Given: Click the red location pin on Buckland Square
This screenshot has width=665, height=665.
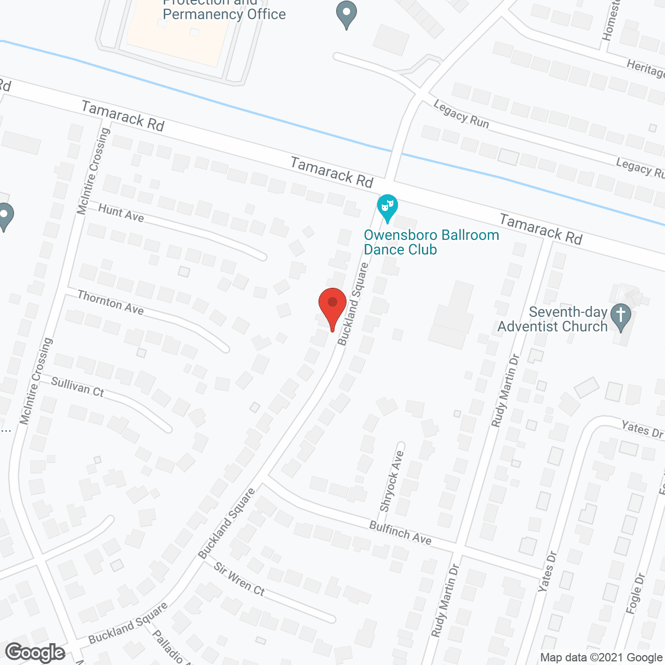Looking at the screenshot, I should (332, 304).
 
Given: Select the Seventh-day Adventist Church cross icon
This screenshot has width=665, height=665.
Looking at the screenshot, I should (620, 315).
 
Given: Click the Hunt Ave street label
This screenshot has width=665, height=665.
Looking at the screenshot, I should (121, 212).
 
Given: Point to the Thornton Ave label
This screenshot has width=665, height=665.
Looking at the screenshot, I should (110, 302).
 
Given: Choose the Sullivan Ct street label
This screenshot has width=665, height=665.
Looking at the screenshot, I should (77, 387).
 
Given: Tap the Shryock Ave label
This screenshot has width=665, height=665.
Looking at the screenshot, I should (392, 481).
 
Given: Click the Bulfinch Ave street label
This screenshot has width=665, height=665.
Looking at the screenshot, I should (400, 533).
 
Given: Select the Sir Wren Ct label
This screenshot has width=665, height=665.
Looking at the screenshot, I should (240, 579).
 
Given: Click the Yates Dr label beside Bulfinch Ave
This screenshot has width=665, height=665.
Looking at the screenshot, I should (548, 571).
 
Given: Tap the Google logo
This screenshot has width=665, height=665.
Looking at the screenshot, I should (35, 653).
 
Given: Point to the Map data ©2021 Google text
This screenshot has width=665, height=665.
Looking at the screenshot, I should (601, 658).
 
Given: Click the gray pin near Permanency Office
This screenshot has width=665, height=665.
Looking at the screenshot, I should (346, 14).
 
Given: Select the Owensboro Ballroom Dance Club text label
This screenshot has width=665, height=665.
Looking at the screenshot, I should (431, 242).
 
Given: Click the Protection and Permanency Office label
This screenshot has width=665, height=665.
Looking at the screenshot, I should (224, 9).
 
